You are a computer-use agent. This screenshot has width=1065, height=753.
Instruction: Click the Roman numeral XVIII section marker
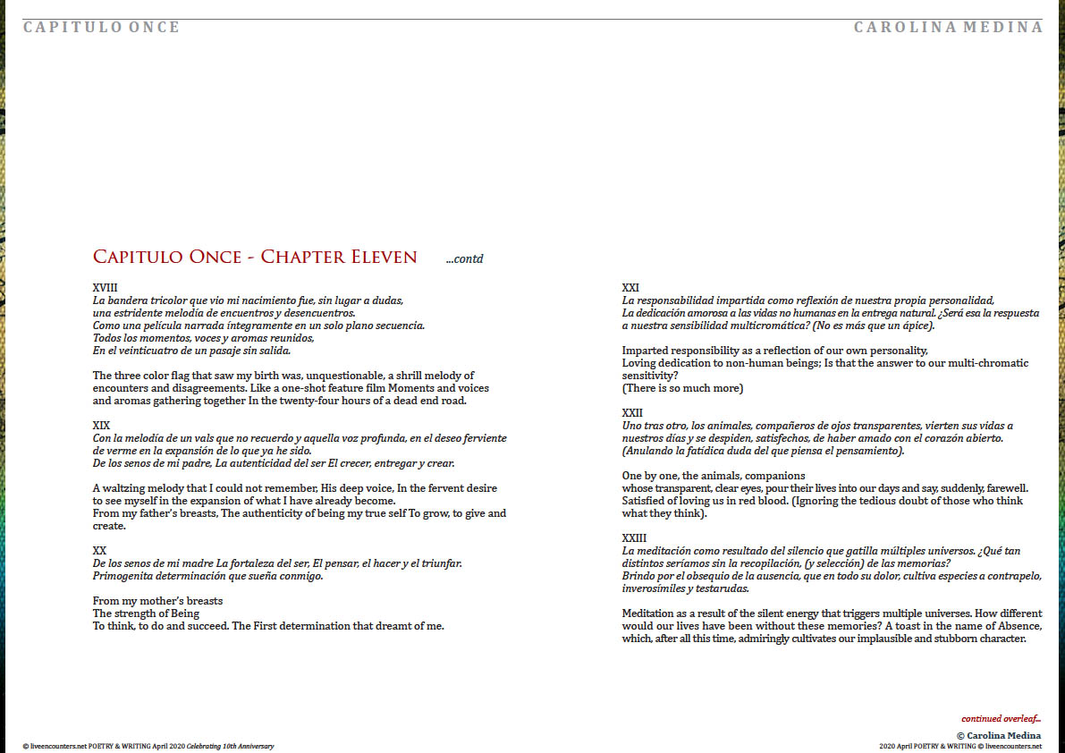coord(105,288)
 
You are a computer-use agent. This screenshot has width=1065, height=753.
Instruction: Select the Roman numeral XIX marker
coord(101,426)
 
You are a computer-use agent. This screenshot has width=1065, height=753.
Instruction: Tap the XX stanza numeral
coord(99,550)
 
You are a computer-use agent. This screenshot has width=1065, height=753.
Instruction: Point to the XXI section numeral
coord(630,288)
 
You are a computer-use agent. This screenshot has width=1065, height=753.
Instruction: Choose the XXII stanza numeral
coord(632,413)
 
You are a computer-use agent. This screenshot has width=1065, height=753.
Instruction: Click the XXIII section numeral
coord(635,538)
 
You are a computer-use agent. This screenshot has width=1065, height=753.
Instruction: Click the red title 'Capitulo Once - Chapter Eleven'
coord(255,258)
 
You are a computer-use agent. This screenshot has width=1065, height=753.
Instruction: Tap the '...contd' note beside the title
coord(464,259)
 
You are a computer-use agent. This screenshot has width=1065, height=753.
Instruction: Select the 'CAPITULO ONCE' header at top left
coord(102,27)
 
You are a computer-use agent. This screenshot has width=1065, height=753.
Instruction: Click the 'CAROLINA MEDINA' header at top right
coord(948,27)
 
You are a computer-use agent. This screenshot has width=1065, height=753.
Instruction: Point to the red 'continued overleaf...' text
coord(1001,719)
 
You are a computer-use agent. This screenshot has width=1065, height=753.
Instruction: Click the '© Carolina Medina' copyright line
coord(998,735)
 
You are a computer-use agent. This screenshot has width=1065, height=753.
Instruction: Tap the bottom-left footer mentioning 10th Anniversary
coord(148,746)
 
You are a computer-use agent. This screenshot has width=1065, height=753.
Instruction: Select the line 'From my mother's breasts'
coord(157,601)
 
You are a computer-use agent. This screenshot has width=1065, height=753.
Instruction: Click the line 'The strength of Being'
coord(146,613)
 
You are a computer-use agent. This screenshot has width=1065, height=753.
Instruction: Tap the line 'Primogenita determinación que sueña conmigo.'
coord(207,576)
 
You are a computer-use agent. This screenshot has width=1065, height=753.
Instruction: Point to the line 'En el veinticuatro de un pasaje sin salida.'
coord(191,351)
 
